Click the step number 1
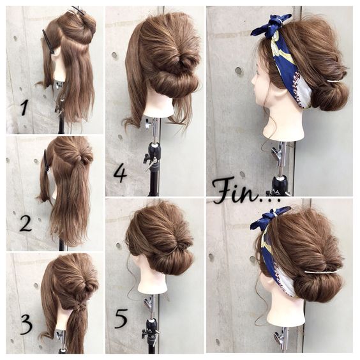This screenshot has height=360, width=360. [x=24, y=108]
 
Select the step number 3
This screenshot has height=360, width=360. [x=27, y=324]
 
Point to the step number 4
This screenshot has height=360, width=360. [x=121, y=174]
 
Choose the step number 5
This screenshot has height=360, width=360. [x=121, y=319]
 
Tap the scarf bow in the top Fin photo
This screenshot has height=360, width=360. [x=272, y=24]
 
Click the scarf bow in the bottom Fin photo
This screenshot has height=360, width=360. [x=271, y=218]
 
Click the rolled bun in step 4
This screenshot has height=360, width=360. [x=174, y=82]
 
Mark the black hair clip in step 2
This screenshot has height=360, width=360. [x=47, y=161]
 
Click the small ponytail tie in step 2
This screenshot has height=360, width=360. [x=82, y=158]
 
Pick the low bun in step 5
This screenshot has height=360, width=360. [x=172, y=260]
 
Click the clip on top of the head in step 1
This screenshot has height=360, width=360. [x=78, y=11]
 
